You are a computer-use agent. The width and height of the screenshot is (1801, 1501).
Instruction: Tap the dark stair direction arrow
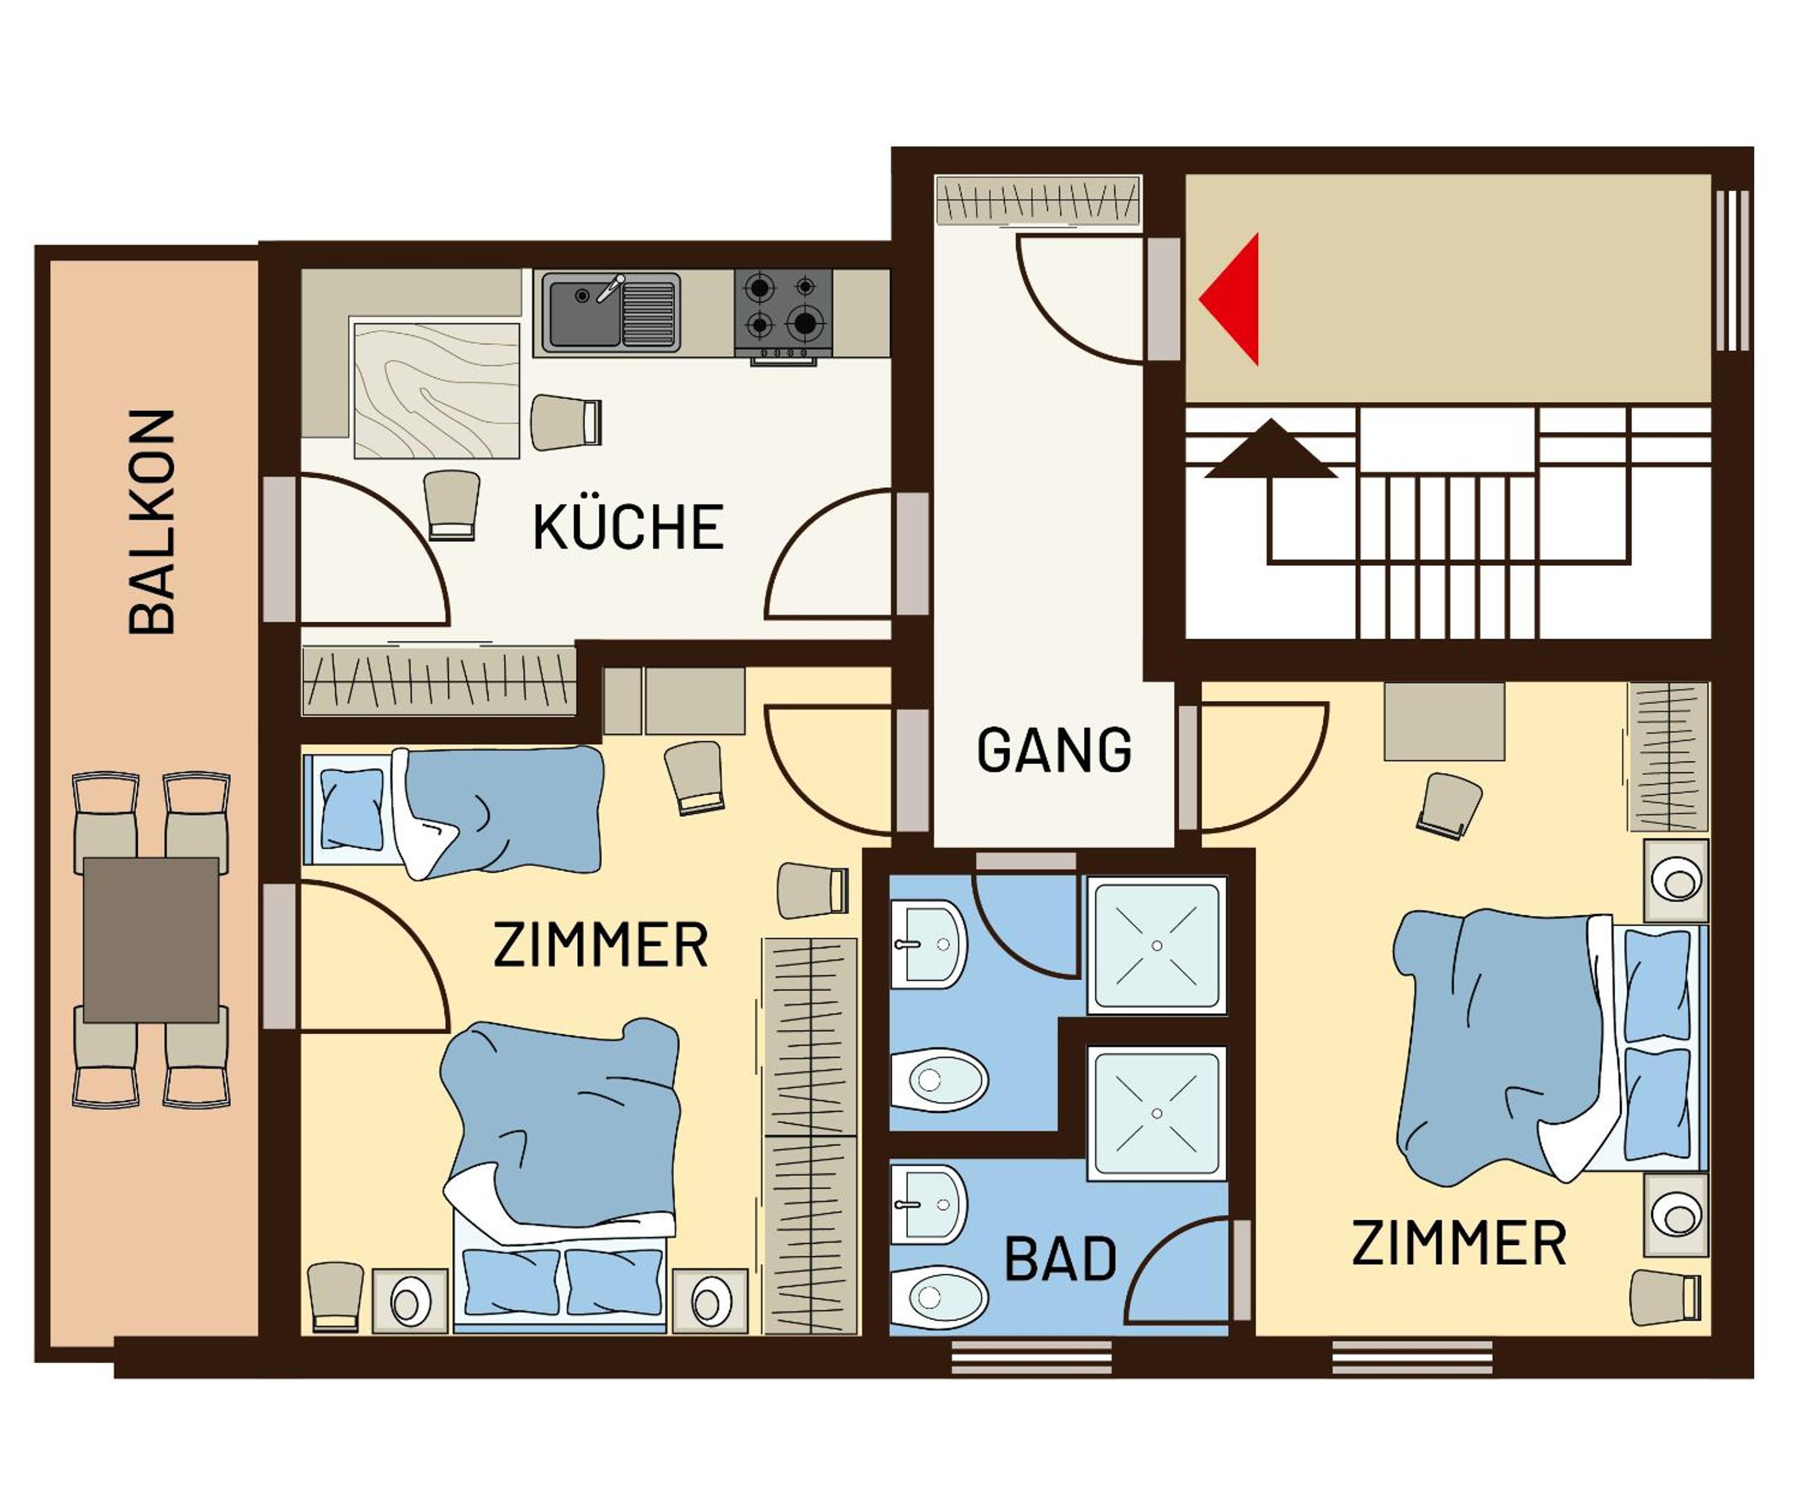click(x=1270, y=448)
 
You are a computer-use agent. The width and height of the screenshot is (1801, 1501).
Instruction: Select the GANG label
click(x=1054, y=749)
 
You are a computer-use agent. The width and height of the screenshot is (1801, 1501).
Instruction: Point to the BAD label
click(x=1060, y=1258)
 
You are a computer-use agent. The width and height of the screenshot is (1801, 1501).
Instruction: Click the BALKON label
click(x=152, y=522)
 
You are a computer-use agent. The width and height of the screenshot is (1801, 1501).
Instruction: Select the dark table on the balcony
click(x=151, y=940)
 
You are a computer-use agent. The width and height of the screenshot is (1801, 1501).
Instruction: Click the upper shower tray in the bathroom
click(x=1157, y=945)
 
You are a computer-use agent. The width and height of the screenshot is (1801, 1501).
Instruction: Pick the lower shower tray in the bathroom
click(x=1157, y=1114)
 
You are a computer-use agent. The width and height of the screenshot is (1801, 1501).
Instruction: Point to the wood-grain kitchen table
click(x=438, y=390)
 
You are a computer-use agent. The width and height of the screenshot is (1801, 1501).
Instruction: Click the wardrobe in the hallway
click(x=1038, y=200)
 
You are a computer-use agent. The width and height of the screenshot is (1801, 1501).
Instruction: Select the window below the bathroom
click(x=1032, y=1358)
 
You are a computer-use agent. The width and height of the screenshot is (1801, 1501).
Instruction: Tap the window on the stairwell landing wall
click(x=1732, y=269)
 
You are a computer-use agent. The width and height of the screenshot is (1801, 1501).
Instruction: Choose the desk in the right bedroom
click(x=1444, y=722)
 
